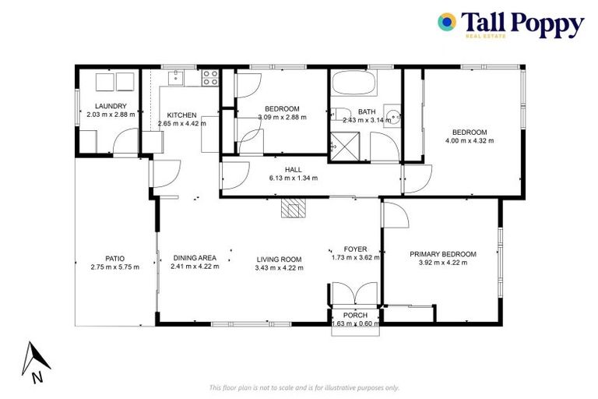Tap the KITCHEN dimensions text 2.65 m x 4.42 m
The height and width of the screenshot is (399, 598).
point(181,123)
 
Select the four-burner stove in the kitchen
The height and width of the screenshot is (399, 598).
point(209,77)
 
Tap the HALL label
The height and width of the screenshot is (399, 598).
point(293,169)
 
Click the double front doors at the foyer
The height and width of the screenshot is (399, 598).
point(354,295)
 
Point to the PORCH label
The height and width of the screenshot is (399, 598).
point(355,315)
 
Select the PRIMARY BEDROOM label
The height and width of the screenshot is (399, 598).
point(442,254)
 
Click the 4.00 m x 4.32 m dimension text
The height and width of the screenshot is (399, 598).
point(470,140)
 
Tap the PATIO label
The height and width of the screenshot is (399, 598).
point(114,259)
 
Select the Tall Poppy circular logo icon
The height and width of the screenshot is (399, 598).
point(447,22)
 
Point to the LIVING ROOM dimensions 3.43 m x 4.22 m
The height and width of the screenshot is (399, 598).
point(279,268)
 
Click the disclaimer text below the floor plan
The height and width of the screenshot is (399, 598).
point(304,387)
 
